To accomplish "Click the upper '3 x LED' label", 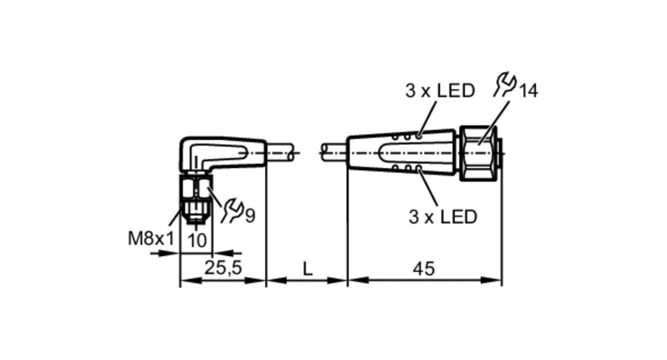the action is (x=440, y=91).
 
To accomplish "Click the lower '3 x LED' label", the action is (x=443, y=217).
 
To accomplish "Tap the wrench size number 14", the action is (x=529, y=91).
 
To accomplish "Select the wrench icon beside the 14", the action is (x=505, y=85).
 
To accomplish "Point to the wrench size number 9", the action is (x=250, y=215).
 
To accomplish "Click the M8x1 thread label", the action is (x=151, y=239).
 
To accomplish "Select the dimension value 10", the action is (x=197, y=241).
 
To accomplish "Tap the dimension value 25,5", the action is (x=223, y=268).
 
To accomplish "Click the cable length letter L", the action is (x=307, y=269).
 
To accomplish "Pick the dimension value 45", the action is (x=424, y=269).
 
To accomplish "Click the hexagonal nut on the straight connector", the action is (x=478, y=153).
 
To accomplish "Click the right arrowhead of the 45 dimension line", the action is (x=493, y=280).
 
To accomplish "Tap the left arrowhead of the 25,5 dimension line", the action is (x=189, y=281).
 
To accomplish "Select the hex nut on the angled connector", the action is (x=195, y=188).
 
